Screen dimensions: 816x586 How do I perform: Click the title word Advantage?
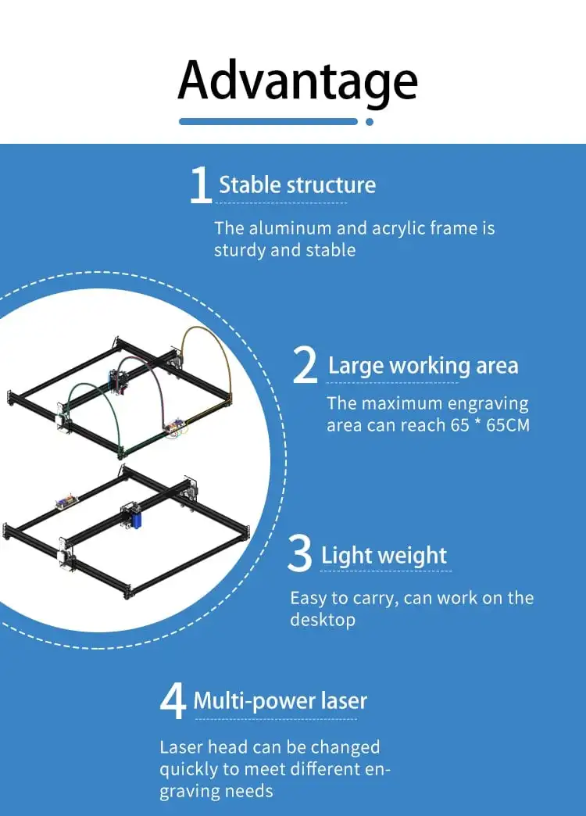[297, 80]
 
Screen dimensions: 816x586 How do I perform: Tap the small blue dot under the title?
[370, 122]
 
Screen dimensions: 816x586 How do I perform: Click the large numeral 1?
[201, 185]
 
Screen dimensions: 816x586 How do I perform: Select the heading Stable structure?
[297, 185]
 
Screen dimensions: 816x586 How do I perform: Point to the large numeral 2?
[305, 367]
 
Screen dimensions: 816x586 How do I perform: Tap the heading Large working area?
[423, 366]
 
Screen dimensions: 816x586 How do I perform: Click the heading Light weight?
[384, 556]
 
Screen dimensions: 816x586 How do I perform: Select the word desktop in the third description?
[323, 620]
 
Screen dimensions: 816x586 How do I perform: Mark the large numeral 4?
[173, 701]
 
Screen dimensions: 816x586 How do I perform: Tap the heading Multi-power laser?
[280, 700]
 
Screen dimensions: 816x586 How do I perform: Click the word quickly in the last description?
[191, 769]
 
